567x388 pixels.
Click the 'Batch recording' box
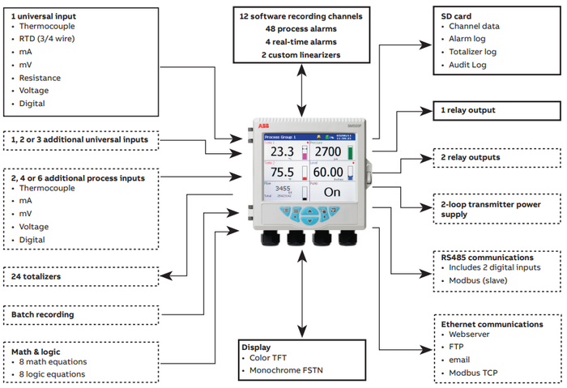(x=42, y=314)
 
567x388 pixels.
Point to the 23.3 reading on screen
(x=282, y=151)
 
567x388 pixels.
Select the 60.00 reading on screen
(x=328, y=173)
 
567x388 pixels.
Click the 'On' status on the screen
(x=332, y=193)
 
